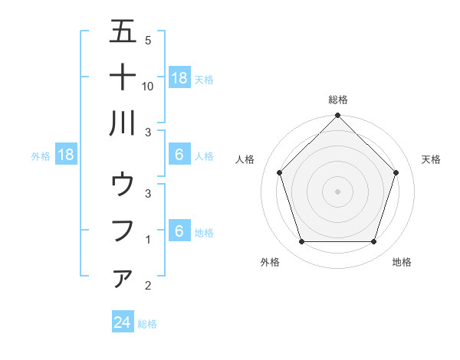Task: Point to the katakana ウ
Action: [x=123, y=185]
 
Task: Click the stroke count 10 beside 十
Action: [x=148, y=87]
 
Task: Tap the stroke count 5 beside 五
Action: [x=148, y=40]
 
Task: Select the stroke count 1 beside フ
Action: [x=148, y=240]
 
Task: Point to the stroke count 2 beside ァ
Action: [x=148, y=286]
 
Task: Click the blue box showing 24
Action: [x=122, y=323]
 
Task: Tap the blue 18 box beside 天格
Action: [x=179, y=78]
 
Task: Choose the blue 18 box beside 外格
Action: [x=66, y=155]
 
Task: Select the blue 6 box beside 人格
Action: [x=179, y=155]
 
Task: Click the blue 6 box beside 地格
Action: [x=179, y=232]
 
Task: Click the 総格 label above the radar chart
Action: [x=337, y=100]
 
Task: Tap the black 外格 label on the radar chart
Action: [x=270, y=262]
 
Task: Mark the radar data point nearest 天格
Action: [x=396, y=172]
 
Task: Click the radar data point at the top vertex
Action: [x=337, y=116]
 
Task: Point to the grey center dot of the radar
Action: [x=337, y=191]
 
